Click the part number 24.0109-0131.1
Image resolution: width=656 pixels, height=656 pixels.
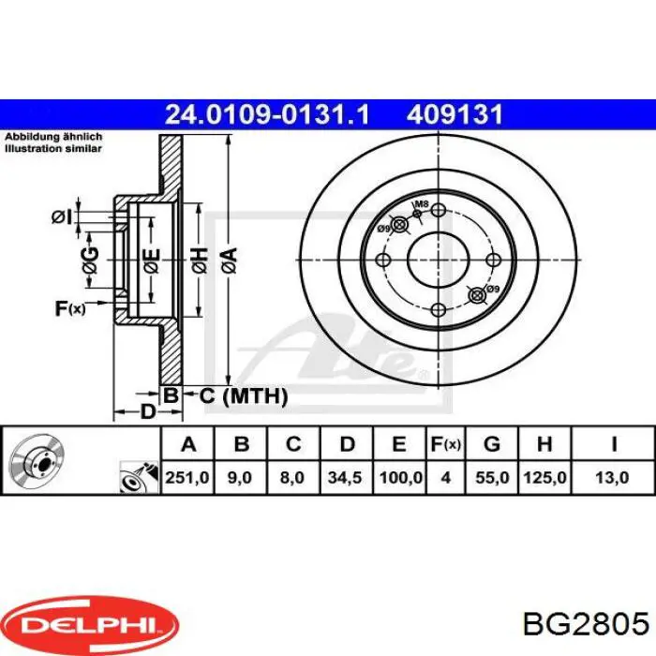point(267,114)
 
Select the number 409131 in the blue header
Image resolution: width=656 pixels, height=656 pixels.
point(455,114)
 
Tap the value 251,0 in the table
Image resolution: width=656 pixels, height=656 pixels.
point(187,477)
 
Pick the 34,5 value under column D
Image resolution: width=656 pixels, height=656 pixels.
point(348,477)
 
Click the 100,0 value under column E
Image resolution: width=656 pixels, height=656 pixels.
point(400,477)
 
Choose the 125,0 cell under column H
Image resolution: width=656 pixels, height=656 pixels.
point(544,477)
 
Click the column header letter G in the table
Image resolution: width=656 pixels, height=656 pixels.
point(493,443)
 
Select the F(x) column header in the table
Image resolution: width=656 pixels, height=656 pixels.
point(445,443)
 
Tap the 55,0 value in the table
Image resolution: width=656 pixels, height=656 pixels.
point(493,477)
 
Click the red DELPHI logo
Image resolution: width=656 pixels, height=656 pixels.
point(90,621)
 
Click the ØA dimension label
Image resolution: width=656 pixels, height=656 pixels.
point(227,256)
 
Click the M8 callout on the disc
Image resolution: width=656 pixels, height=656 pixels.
point(422,204)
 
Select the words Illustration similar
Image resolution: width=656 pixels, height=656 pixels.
point(47,149)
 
